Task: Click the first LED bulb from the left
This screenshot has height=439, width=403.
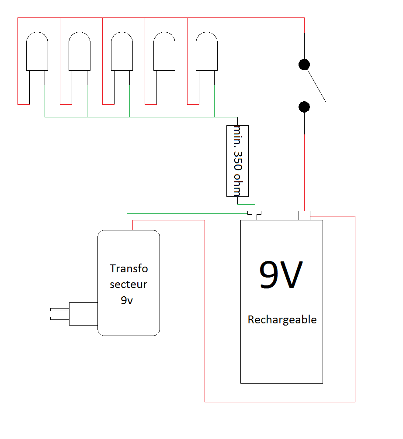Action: [37, 51]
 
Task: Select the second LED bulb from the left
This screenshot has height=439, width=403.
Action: [80, 51]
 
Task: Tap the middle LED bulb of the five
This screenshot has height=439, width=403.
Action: [122, 51]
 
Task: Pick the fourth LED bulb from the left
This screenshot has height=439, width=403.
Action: [164, 51]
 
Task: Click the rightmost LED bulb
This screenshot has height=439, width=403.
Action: [207, 51]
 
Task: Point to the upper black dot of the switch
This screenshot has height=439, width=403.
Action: [304, 65]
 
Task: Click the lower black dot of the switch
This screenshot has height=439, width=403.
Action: [304, 107]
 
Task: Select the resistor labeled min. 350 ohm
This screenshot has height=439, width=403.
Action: [237, 161]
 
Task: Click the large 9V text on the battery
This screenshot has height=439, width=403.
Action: [281, 275]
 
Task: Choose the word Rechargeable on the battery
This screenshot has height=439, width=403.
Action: [282, 320]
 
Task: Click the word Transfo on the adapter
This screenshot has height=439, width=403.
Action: [129, 268]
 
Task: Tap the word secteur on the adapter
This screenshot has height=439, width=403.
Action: [129, 285]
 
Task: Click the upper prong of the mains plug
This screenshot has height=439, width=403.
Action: [60, 309]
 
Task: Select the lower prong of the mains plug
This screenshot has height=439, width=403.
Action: [60, 318]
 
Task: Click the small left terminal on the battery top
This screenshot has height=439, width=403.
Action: [254, 214]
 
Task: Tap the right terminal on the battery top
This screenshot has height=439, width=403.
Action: [304, 216]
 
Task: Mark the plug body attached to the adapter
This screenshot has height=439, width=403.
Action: [83, 314]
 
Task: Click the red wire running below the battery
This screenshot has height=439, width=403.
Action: [280, 401]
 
